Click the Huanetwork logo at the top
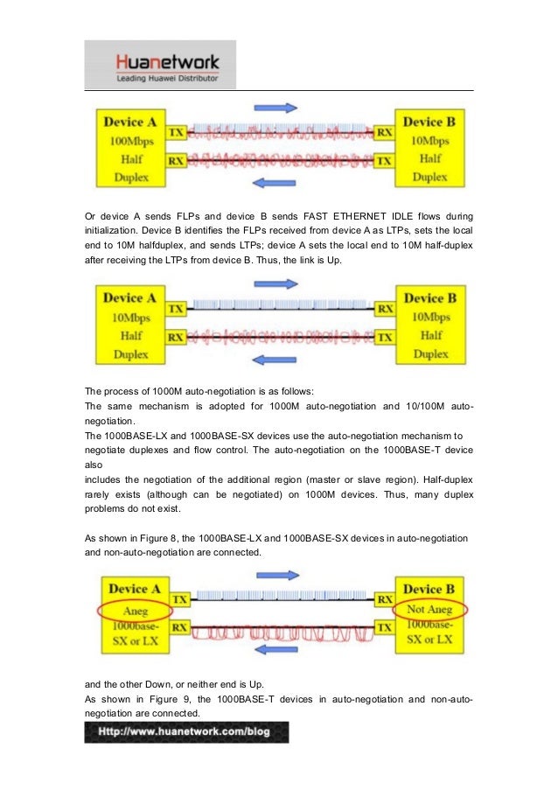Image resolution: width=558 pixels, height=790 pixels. pyautogui.click(x=160, y=64)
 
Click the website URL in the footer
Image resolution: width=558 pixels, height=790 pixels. pyautogui.click(x=185, y=731)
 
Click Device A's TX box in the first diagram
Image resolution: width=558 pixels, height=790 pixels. pyautogui.click(x=177, y=133)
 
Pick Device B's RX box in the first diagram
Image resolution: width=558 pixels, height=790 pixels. pyautogui.click(x=383, y=133)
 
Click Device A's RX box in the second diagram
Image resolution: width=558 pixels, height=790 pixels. pyautogui.click(x=177, y=336)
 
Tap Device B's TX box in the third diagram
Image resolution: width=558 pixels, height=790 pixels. pyautogui.click(x=382, y=627)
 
